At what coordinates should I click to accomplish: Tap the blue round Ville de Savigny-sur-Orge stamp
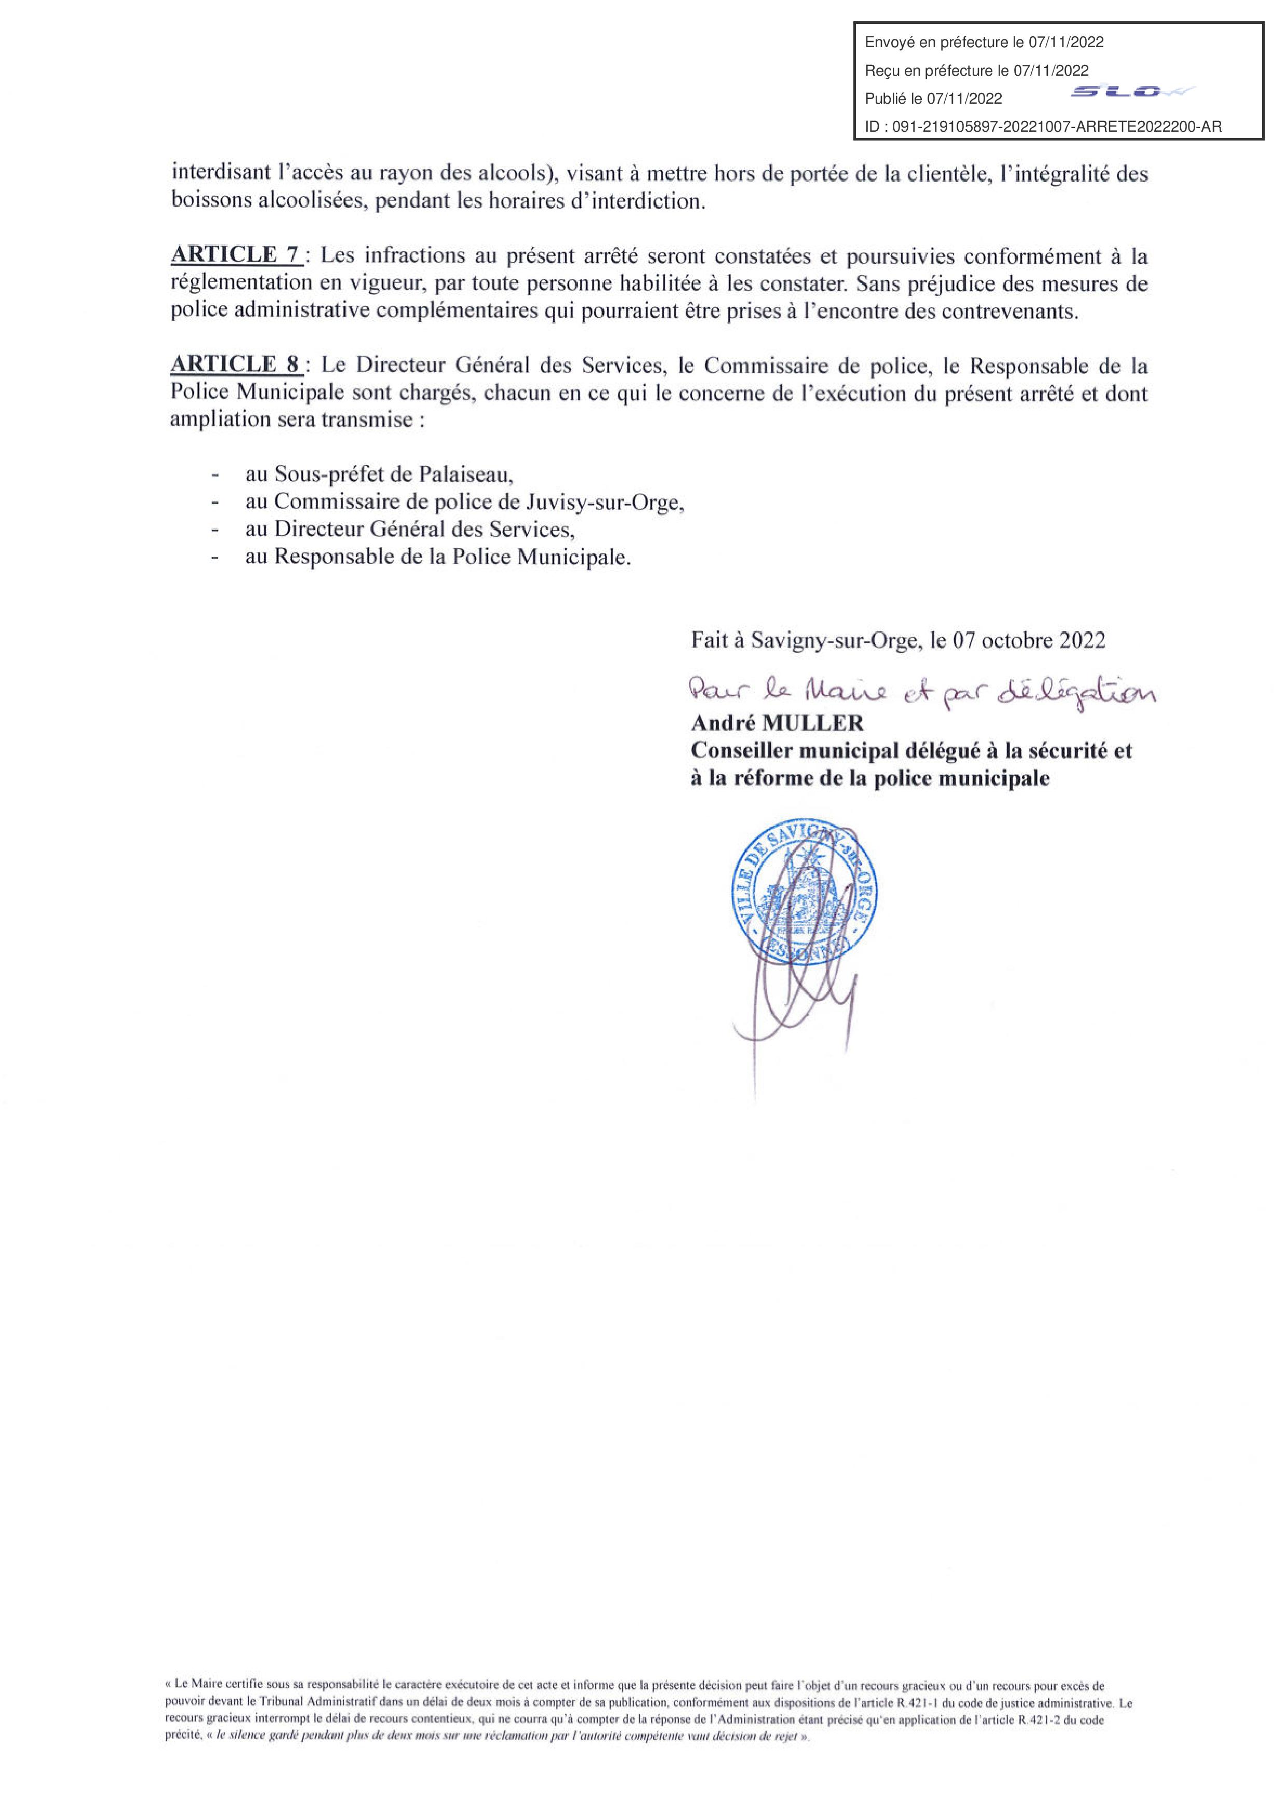coord(807,893)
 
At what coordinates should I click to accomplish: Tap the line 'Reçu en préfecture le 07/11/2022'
coord(977,71)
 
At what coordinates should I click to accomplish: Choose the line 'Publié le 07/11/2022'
coord(933,98)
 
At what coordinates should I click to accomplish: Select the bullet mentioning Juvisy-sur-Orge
coord(464,502)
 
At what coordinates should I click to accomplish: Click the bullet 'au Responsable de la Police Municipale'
coord(438,557)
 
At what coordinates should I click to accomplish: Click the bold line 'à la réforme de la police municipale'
coord(870,779)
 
